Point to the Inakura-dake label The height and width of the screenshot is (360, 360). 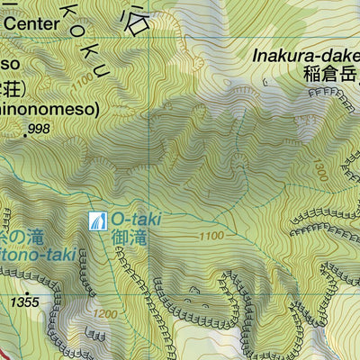(x=306, y=57)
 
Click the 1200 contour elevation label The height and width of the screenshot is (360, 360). (x=105, y=314)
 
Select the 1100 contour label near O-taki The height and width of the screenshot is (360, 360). (x=211, y=236)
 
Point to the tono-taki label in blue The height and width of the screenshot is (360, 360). (x=26, y=255)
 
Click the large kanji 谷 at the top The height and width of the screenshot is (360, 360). (x=135, y=20)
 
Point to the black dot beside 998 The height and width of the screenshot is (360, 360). (x=25, y=131)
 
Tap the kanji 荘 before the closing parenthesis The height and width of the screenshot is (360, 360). (x=9, y=88)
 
